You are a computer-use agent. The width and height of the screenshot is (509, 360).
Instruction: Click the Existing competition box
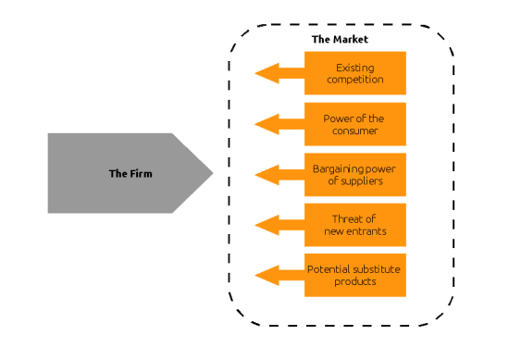(x=354, y=73)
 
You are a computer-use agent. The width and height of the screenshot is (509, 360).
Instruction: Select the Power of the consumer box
(x=354, y=124)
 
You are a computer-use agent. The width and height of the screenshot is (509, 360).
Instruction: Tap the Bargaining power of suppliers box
(x=354, y=174)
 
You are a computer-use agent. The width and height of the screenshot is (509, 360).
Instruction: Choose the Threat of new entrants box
(x=354, y=225)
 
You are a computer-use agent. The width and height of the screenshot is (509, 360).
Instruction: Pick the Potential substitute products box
(x=354, y=275)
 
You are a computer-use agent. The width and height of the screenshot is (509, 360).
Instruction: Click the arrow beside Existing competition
(x=277, y=73)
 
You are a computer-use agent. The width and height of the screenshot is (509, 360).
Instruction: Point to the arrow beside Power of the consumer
(x=277, y=124)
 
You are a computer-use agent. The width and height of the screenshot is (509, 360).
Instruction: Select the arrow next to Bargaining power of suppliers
(x=277, y=174)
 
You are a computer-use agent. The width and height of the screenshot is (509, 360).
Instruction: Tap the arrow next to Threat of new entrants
(x=277, y=225)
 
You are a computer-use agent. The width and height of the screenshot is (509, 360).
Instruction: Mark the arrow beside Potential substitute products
(x=277, y=275)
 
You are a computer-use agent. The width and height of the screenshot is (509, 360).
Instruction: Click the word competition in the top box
(x=354, y=80)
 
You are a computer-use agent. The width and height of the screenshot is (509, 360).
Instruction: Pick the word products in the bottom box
(x=354, y=281)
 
